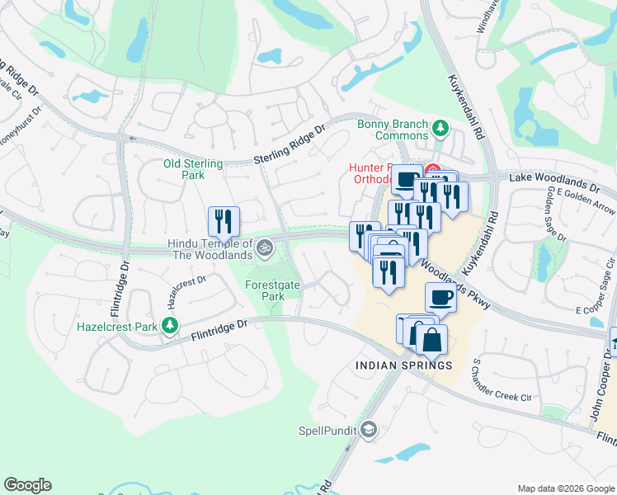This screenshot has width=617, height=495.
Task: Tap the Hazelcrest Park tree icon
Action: point(170,327)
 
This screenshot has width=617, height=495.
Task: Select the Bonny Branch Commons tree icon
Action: point(440,128)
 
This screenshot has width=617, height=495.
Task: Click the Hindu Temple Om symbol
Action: point(265,247)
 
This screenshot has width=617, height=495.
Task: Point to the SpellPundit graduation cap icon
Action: point(369,430)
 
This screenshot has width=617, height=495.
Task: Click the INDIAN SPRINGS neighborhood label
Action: point(403,365)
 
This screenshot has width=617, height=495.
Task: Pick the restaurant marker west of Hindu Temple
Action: point(224,221)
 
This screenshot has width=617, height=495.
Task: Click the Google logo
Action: point(27,485)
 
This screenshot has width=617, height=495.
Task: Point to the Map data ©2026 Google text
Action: point(566,488)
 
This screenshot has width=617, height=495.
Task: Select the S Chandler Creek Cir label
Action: point(503,379)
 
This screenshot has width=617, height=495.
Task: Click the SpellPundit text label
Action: point(328,430)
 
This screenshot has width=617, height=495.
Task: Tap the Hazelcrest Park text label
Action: point(117,327)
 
